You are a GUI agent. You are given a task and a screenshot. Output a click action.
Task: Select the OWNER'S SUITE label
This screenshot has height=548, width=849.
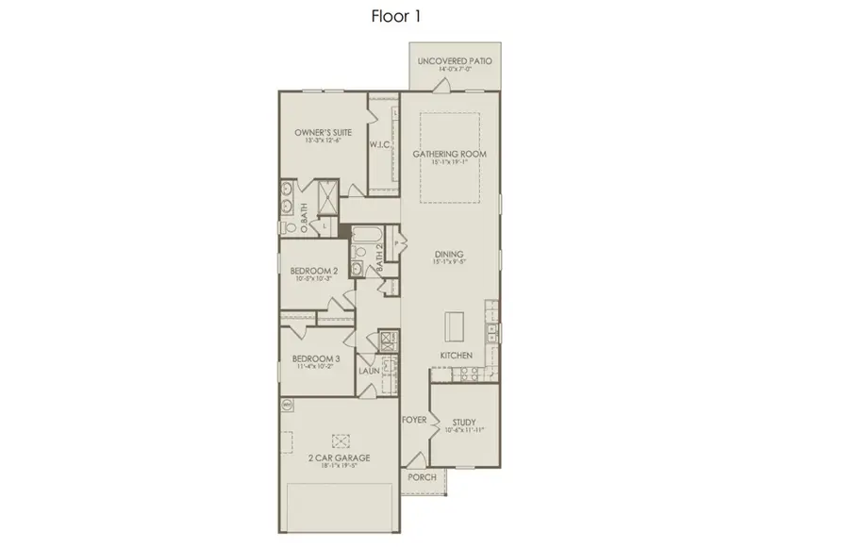click(325, 133)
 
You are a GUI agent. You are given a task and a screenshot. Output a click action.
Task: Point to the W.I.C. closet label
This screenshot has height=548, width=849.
click(381, 145)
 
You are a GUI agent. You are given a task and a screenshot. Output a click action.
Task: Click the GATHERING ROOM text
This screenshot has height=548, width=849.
click(449, 153)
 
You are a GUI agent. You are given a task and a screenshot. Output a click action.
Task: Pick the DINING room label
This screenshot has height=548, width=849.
click(449, 255)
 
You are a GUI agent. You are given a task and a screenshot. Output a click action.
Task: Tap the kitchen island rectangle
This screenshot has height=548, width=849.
click(455, 327)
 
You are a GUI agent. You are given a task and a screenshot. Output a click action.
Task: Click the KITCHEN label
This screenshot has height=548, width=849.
click(457, 355)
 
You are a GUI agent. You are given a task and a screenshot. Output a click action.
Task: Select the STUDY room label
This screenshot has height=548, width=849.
click(462, 423)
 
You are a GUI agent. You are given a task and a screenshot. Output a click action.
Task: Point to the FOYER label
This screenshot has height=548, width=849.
click(414, 418)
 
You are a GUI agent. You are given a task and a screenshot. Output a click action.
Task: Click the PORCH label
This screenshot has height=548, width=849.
click(422, 477)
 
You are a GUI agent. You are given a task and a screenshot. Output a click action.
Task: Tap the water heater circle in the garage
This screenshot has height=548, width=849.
click(287, 404)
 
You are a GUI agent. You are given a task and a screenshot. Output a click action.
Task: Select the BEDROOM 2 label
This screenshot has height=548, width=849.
click(314, 271)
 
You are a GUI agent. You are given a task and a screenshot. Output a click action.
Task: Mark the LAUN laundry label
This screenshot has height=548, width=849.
click(368, 371)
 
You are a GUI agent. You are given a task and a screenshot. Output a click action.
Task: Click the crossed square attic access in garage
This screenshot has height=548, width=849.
click(341, 439)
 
